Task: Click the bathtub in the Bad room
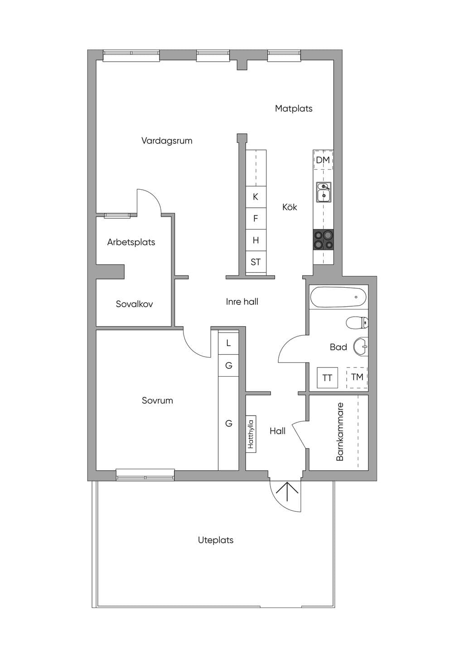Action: [x=338, y=297]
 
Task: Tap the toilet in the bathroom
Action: [x=357, y=323]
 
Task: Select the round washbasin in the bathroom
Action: [x=361, y=346]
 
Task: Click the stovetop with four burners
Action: [x=324, y=240]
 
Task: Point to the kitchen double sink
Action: [x=324, y=192]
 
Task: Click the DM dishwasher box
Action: [x=324, y=160]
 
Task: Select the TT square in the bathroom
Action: [x=327, y=378]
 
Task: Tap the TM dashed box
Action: [x=357, y=378]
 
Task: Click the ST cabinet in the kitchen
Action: [x=256, y=262]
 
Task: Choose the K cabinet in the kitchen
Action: [x=256, y=197]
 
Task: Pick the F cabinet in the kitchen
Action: [x=256, y=219]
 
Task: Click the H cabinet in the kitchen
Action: [x=256, y=240]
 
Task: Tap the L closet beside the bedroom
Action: [x=228, y=343]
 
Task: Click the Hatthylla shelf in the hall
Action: [x=251, y=434]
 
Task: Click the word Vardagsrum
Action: [x=167, y=141]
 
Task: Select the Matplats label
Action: [x=294, y=108]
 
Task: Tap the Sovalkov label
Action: [x=134, y=304]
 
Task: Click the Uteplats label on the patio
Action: [x=216, y=540]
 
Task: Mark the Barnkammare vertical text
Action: [x=340, y=432]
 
